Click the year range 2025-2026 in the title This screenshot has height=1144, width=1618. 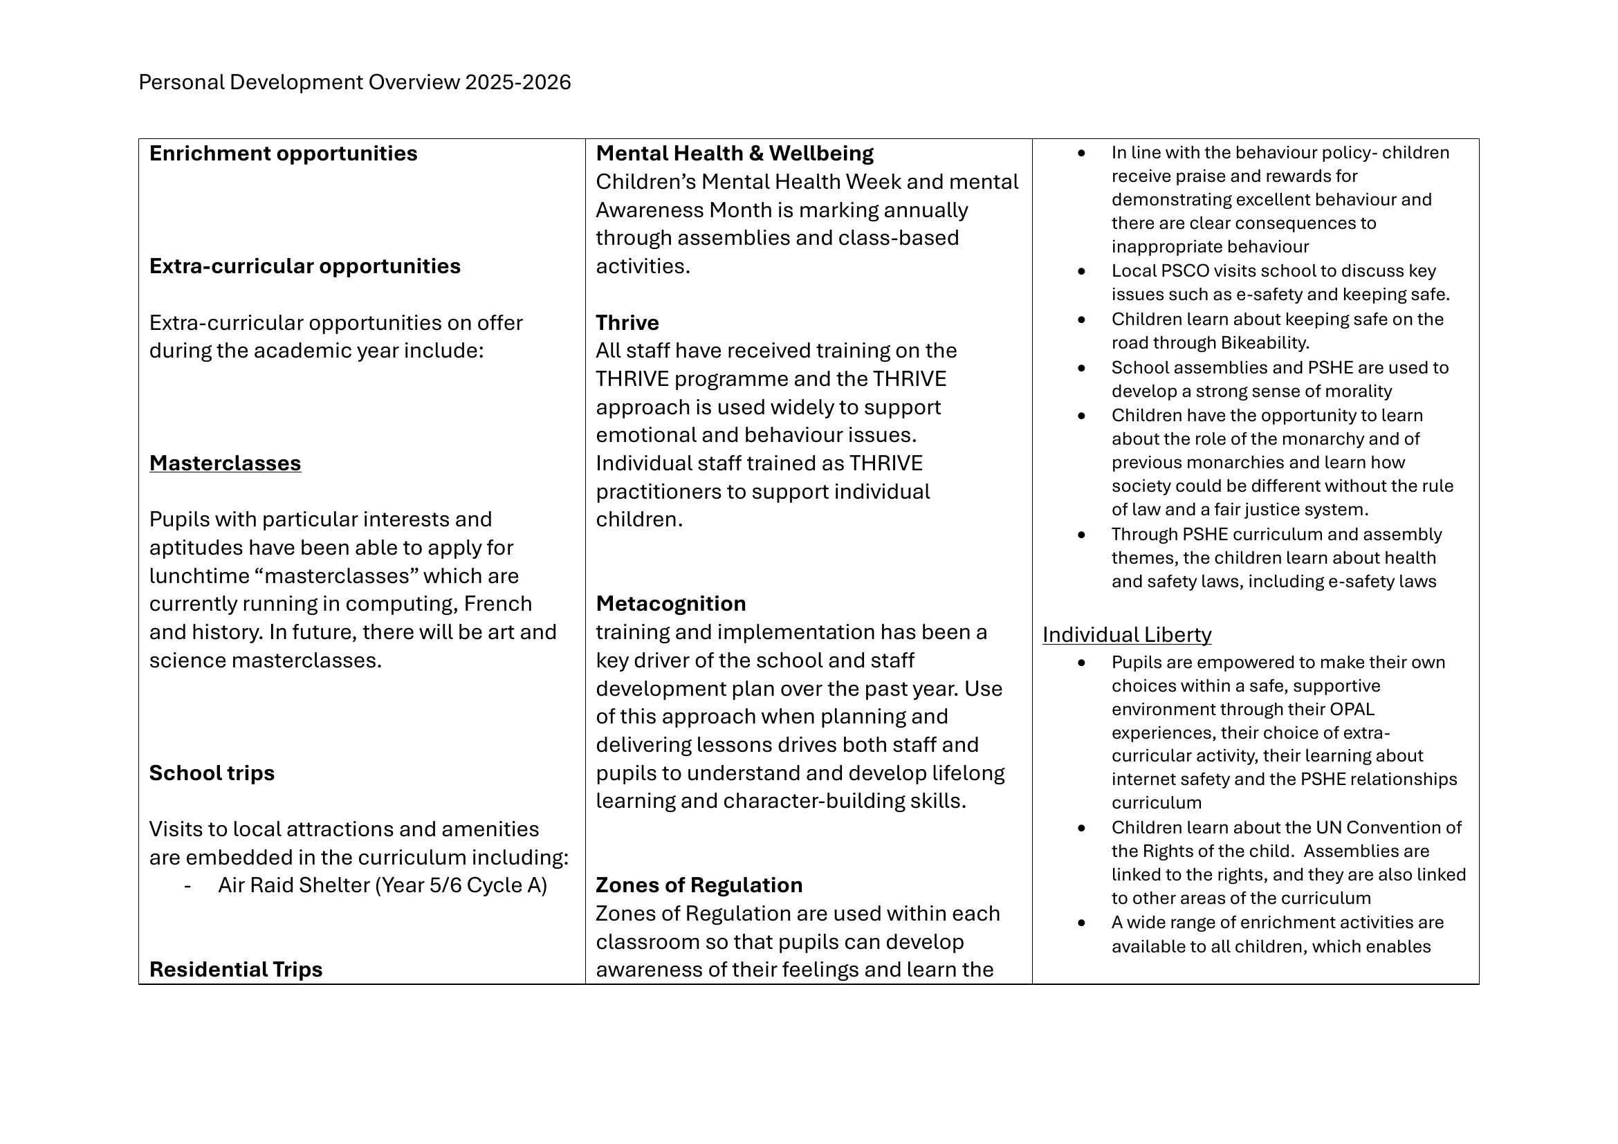[518, 82]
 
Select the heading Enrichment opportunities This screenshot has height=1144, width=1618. [283, 154]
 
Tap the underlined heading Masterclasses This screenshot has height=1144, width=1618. [225, 463]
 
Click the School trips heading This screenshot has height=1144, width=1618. [212, 773]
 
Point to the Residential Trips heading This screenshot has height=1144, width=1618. [235, 969]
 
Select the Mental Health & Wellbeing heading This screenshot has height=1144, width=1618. [735, 154]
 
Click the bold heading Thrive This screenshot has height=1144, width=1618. [627, 322]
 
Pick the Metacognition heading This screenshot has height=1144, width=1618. [670, 604]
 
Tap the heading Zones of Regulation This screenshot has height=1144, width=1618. [699, 885]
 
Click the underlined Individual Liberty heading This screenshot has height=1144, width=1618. [1127, 635]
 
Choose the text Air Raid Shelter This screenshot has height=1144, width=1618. [293, 885]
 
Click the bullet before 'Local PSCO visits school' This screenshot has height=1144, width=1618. [1082, 271]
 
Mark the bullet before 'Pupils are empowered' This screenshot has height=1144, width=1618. [1082, 663]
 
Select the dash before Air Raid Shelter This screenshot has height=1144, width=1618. [187, 885]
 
